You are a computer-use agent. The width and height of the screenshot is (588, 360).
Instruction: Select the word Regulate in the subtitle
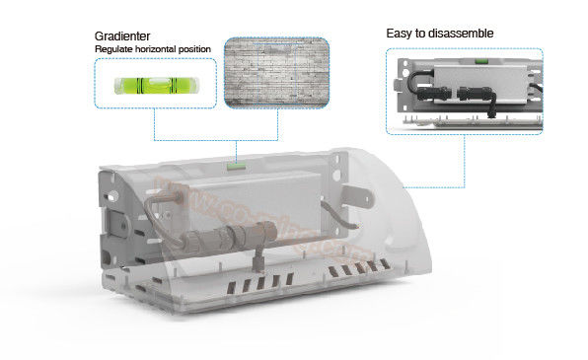(x=116, y=47)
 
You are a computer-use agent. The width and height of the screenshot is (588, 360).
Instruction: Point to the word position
(x=218, y=47)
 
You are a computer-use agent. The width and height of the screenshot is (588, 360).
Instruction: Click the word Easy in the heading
(x=399, y=34)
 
